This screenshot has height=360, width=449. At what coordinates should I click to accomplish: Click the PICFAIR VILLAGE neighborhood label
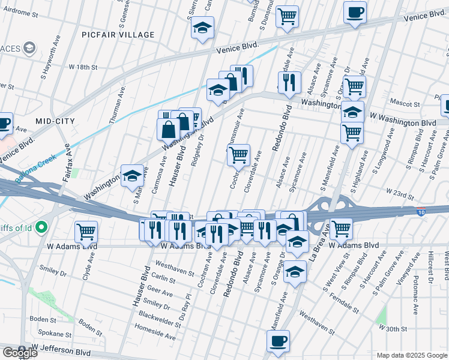point(119,35)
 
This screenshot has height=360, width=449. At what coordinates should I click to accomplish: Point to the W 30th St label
point(393,328)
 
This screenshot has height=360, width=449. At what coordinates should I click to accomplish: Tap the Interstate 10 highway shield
point(422,211)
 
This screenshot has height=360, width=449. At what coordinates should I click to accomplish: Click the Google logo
point(19,353)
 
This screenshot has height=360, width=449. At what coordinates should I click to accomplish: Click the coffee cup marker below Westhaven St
point(278,341)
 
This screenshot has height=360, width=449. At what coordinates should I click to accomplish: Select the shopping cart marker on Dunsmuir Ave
point(239,155)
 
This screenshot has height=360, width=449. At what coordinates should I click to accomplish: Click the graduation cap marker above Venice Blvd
point(203,28)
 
